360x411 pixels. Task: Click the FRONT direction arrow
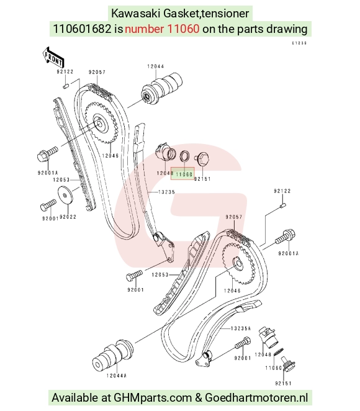(x=53, y=57)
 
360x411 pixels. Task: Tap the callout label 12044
(x=156, y=66)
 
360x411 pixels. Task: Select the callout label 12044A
(x=116, y=376)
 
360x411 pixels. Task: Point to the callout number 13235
(x=166, y=192)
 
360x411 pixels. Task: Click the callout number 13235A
(x=241, y=328)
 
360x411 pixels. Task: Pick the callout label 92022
(x=68, y=217)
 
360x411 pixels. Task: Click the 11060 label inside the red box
(x=184, y=174)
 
